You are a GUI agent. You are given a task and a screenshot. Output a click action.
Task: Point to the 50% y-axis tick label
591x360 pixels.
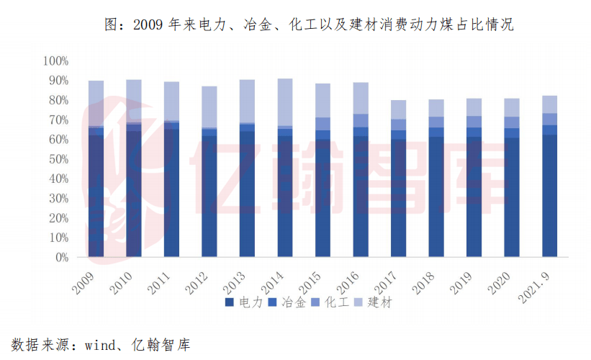57,159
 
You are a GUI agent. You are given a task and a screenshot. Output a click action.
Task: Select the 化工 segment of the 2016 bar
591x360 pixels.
361,121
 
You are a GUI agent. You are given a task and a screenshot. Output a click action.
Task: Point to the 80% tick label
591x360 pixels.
57,100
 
